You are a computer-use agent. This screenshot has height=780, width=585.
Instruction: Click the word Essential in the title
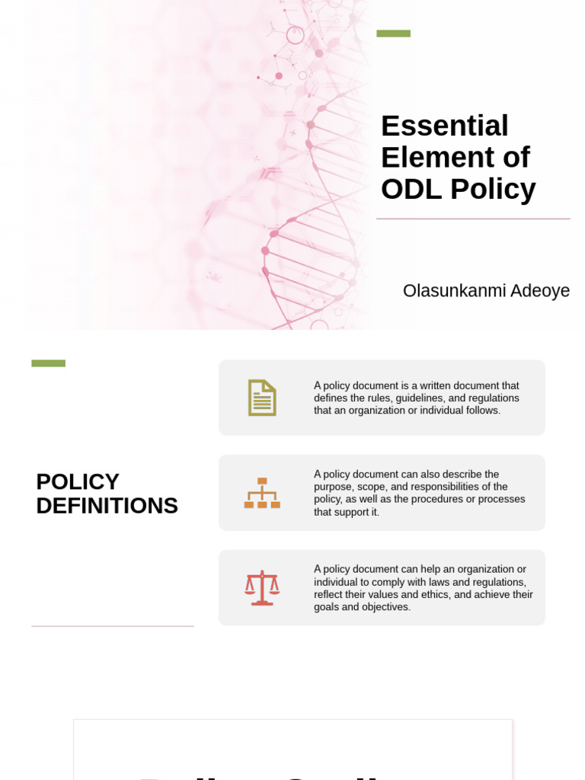pos(444,126)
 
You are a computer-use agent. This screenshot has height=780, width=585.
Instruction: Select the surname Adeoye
pos(540,291)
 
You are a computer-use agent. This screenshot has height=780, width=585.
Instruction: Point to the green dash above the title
pos(393,34)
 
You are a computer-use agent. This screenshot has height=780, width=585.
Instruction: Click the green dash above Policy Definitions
pos(48,363)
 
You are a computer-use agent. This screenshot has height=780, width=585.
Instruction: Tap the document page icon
pos(262,398)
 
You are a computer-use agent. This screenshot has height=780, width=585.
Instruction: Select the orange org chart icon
pos(262,493)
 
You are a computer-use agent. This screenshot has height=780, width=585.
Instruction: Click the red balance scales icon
pos(262,588)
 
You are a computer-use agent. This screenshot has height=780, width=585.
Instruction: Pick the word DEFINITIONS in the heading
pos(107,506)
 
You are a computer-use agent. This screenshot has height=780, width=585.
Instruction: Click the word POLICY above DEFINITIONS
pos(78,482)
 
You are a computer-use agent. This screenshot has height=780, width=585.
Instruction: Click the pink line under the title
pos(473,219)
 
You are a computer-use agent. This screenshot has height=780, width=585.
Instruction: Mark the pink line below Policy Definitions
pos(113,626)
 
